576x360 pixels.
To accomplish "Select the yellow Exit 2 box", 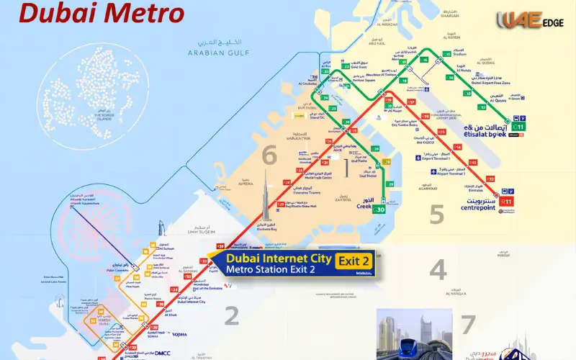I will point(356,261).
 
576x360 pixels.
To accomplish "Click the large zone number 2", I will point(231,314).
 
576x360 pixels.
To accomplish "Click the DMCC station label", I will point(183,354).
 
